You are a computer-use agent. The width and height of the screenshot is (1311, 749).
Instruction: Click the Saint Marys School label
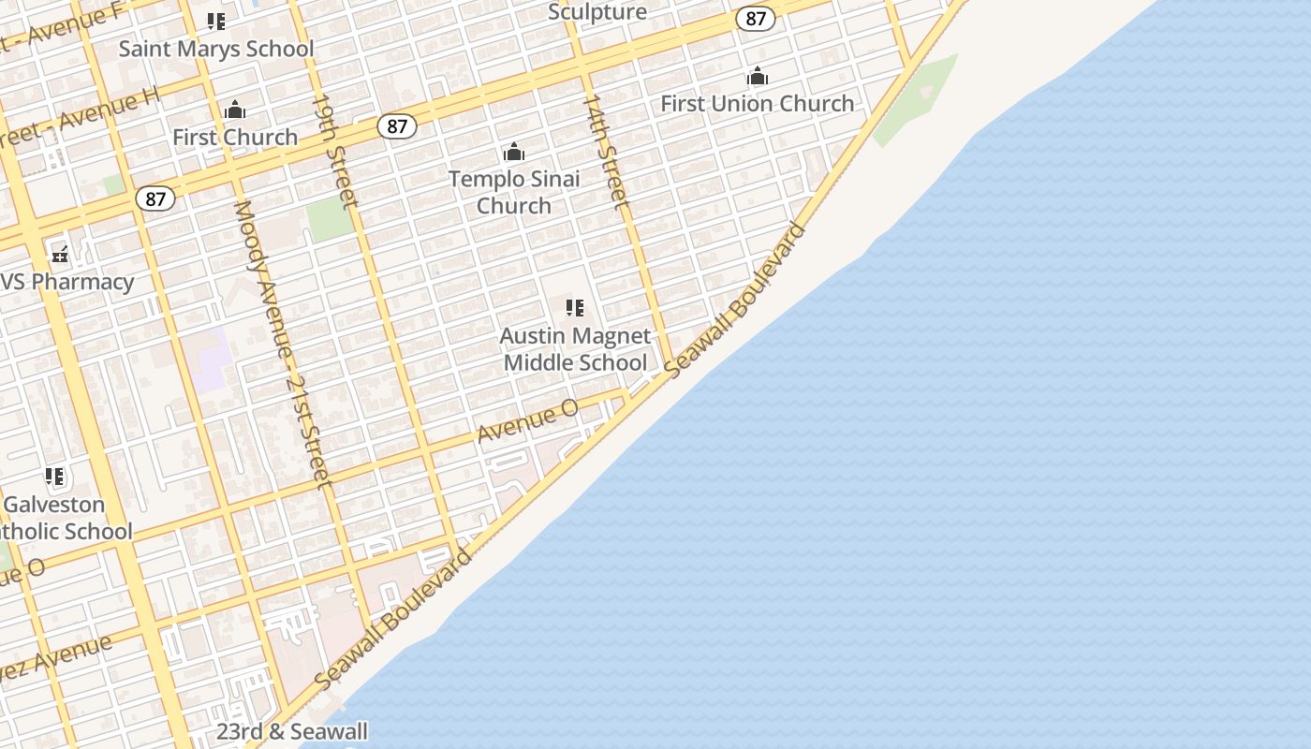coord(216,49)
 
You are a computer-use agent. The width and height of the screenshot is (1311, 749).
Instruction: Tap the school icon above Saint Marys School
coord(216,21)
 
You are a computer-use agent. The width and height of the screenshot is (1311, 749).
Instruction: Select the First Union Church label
coord(758,103)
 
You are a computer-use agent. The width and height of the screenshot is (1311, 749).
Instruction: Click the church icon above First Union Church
coord(758,76)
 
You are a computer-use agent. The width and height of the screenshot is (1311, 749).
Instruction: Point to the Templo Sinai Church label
coord(514,192)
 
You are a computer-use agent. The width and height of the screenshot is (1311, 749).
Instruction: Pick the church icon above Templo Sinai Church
coord(514,152)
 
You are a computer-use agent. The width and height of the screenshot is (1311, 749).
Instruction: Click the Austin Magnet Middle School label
coord(575,349)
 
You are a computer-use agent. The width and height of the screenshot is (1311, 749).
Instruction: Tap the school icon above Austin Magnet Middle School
coord(575,307)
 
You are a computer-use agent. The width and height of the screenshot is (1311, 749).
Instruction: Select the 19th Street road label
coord(334,150)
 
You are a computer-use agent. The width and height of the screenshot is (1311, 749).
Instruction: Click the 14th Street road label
coord(605,150)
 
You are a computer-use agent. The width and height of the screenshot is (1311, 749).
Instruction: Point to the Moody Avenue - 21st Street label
coord(282,343)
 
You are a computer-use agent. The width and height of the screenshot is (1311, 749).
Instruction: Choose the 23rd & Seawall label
coord(292,732)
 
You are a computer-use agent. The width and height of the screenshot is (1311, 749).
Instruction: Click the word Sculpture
coord(597,12)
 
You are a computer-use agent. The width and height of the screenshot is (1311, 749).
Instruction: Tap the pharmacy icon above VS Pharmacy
coord(61,254)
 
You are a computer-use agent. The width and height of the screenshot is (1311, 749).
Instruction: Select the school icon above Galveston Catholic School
coord(55,477)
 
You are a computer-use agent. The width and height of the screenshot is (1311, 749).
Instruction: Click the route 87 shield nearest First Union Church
coord(756,19)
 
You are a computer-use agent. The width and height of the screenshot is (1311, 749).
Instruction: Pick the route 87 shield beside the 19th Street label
coord(397,126)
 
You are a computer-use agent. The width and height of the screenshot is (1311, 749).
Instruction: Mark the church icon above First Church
coord(235,110)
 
